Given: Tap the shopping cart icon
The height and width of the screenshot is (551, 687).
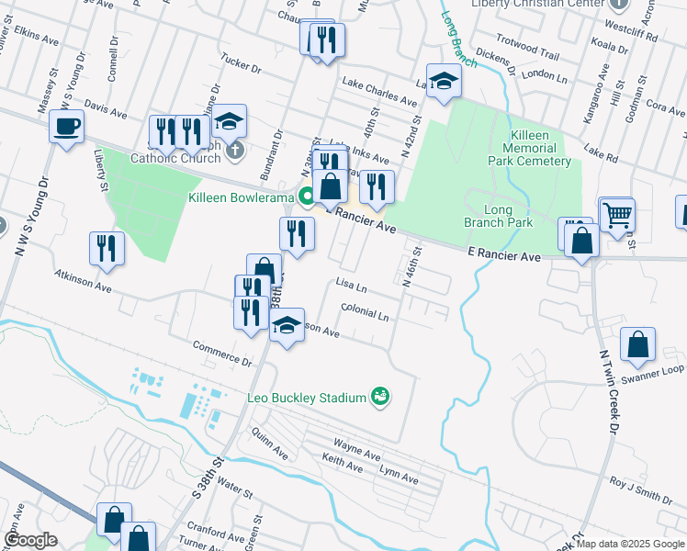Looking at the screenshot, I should click(617, 215).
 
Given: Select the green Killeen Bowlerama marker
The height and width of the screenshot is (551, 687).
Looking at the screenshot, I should click(307, 196).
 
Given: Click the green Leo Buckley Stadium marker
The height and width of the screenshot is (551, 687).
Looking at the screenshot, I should click(379, 397).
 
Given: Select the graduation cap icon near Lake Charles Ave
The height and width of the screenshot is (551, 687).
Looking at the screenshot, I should click(444, 81).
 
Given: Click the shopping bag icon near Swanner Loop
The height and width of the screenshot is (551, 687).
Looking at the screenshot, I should click(637, 345).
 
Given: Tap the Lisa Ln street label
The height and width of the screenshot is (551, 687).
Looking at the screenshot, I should click(352, 287).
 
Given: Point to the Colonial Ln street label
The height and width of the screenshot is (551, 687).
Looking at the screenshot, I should click(365, 313).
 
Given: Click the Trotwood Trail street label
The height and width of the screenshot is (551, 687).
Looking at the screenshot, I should click(527, 55).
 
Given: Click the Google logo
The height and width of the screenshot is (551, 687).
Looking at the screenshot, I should click(30, 540).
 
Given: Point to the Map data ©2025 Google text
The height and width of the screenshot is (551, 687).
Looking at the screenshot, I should click(630, 544).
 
